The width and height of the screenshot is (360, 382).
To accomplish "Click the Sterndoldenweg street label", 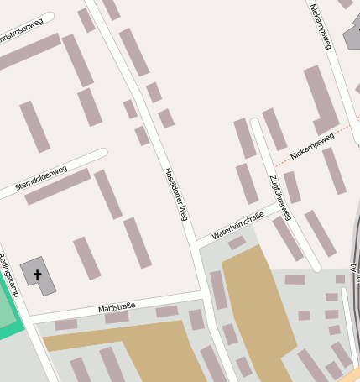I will [42, 177].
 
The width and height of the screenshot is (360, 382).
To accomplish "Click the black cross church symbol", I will [38, 275].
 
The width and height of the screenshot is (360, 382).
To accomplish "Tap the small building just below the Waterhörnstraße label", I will [237, 243].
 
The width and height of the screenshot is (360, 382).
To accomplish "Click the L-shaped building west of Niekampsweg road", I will [321, 101].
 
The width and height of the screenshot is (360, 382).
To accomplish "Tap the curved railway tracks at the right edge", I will [352, 285].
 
